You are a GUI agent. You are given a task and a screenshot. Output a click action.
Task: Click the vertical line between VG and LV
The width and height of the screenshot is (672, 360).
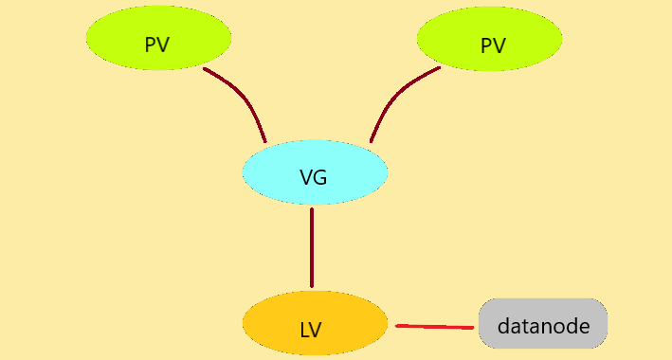coord(312,248)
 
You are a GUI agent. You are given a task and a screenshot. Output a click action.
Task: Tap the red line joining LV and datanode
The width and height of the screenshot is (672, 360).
coord(434,327)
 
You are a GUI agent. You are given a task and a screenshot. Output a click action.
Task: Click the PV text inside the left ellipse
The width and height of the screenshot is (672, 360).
coord(157,45)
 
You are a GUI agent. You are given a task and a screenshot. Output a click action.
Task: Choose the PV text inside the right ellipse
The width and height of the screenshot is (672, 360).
coord(493,45)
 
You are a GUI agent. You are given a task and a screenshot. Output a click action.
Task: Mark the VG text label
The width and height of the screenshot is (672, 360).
coord(313,177)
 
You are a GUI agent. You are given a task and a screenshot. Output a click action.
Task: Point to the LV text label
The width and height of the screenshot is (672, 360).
coord(311,331)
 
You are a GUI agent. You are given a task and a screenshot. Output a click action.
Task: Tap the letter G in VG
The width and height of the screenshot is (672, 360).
coord(320,177)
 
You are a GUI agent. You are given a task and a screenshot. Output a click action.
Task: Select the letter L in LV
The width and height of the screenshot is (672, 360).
coord(304,331)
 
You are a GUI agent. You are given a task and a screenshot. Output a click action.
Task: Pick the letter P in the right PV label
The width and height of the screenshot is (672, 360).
coord(486,45)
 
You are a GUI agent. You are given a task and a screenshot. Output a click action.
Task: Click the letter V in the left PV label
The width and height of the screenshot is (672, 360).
coord(164,45)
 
